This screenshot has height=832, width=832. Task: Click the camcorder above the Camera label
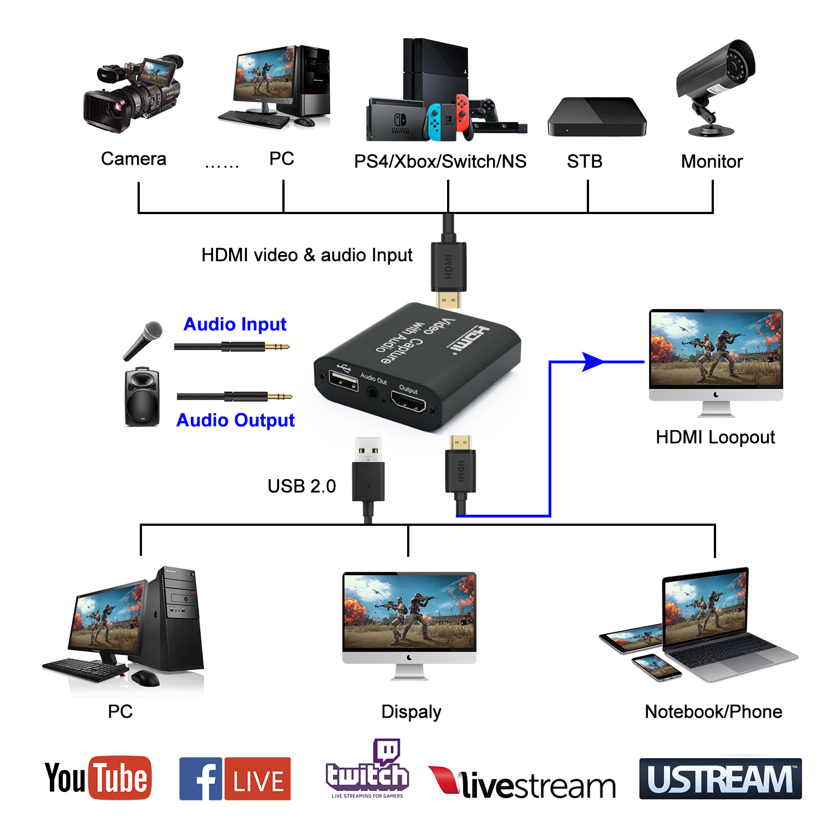pos(133,94)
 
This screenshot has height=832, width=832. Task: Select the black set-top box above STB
pos(597,118)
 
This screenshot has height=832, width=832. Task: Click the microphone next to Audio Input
pos(143,340)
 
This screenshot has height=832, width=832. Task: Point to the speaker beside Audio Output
pos(142,397)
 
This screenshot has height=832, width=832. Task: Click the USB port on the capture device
pos(344,380)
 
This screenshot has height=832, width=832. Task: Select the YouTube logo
pos(98,778)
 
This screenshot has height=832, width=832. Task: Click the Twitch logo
pos(367,771)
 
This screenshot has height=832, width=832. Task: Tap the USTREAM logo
pos(720,779)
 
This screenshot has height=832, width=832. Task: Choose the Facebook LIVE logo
pos(235,779)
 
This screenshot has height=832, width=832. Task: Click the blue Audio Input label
pos(235,324)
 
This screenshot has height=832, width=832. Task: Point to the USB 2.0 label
pos(301,486)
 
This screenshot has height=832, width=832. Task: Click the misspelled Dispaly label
pos(411,712)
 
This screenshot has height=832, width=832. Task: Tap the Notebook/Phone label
pos(713,712)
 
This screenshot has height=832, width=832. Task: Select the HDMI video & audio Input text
pos(307,255)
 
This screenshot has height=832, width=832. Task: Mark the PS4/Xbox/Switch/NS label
pos(440,161)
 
